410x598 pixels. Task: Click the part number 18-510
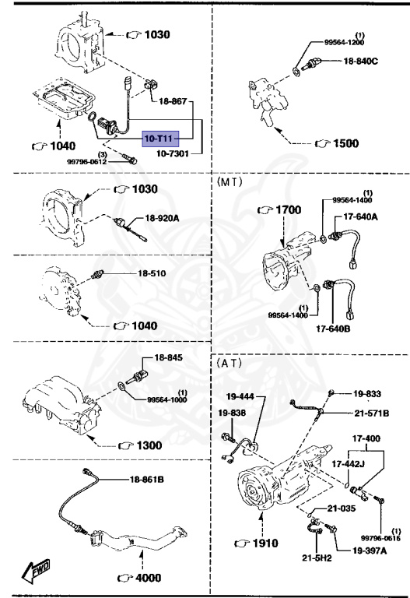click(x=152, y=273)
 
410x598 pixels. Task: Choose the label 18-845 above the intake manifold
click(x=169, y=357)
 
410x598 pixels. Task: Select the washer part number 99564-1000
click(x=168, y=399)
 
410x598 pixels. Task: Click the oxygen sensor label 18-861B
click(x=147, y=480)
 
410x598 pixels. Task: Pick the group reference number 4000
click(x=145, y=577)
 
